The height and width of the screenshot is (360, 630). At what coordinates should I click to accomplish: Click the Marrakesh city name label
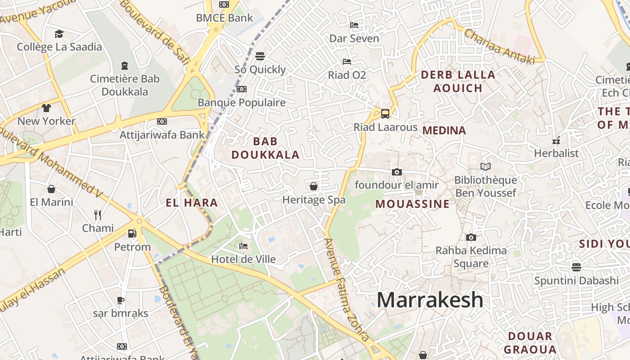coord(430,300)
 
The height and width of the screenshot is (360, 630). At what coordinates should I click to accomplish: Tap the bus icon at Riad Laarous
coord(385,113)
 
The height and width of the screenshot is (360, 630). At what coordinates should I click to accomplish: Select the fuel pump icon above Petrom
coord(132,234)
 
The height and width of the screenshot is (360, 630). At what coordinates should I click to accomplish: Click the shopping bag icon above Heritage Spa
coord(314,186)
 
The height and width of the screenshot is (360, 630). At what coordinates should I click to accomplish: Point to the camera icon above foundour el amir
coord(396,172)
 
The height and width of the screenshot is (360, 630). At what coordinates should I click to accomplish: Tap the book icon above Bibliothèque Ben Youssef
coord(485,167)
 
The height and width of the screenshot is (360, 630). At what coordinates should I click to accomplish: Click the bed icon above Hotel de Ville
coord(243,246)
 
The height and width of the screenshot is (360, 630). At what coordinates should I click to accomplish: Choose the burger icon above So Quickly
coord(260,56)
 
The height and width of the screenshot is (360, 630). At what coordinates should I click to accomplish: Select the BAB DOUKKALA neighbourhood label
coord(265,148)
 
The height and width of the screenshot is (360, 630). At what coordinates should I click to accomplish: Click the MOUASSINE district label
coord(413,204)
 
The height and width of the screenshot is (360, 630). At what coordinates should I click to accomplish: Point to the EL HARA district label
coord(192,203)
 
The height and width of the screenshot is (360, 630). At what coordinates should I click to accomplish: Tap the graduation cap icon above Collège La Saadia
coord(59,34)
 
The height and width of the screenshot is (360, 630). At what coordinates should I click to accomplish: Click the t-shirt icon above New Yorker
coord(46,108)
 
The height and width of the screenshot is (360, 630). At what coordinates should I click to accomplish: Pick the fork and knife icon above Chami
coord(98,215)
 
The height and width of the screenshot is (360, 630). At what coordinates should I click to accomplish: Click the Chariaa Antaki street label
coord(499,46)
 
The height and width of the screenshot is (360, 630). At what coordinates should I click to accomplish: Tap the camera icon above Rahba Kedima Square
coord(471,237)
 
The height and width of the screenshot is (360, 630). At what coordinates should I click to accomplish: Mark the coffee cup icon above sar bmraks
coord(121,300)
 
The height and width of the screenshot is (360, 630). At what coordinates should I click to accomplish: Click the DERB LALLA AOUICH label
coord(458,81)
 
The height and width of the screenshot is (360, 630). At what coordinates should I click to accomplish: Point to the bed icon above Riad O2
coord(346,61)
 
